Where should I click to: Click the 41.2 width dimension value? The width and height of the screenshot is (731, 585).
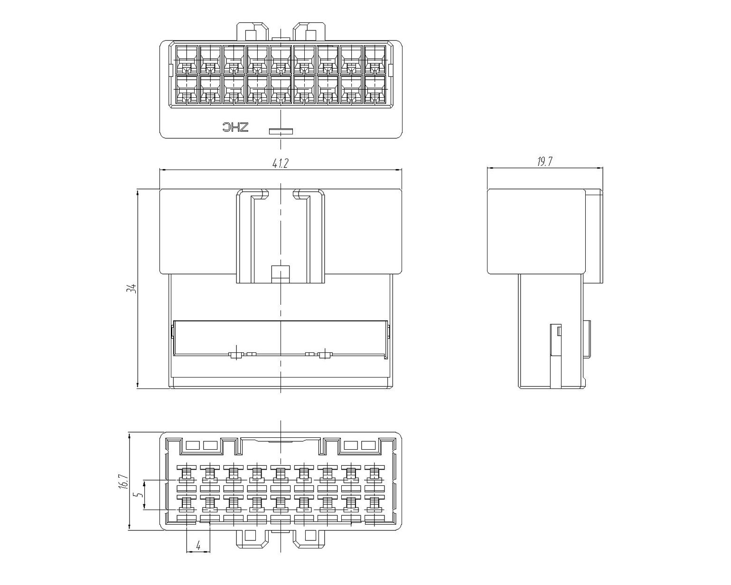280,163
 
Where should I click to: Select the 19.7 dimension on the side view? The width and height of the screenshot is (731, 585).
545,162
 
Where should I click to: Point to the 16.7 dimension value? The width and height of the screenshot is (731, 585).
123,481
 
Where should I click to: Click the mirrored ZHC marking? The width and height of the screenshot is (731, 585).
236,127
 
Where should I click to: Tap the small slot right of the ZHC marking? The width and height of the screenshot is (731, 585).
281,131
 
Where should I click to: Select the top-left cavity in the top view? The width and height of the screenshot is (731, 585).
187,59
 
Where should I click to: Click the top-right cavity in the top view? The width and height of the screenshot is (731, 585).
375,59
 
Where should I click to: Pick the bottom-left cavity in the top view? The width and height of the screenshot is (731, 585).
187,89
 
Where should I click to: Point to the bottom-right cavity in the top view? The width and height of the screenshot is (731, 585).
375,89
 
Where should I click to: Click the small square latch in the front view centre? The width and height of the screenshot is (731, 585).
281,274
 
